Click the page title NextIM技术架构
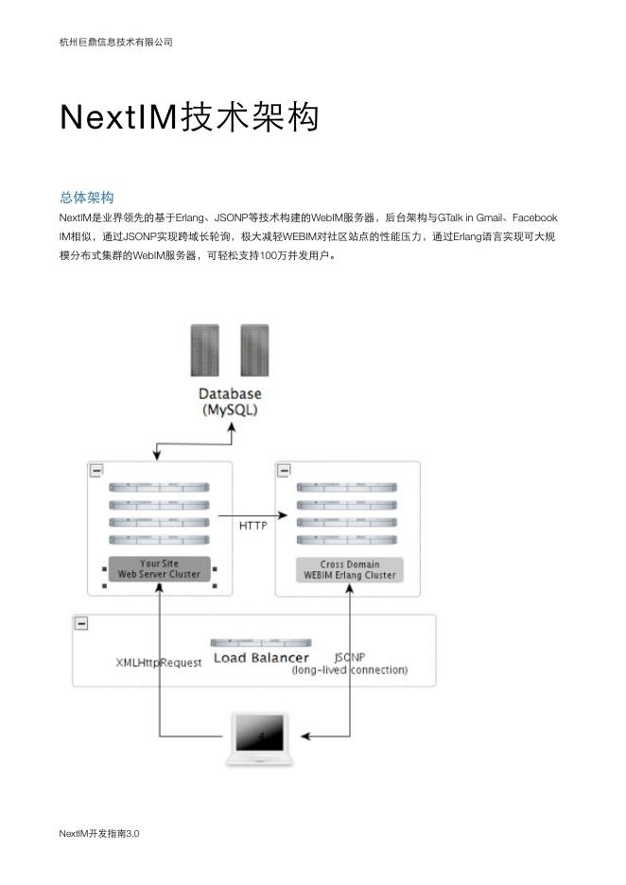(x=189, y=117)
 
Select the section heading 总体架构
(x=86, y=197)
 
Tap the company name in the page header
(x=115, y=43)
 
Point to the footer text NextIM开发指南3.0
(x=98, y=833)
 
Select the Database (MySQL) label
(x=230, y=402)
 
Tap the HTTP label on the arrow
(x=252, y=526)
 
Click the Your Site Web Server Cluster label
(x=159, y=569)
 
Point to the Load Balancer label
(x=261, y=658)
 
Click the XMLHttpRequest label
(x=158, y=663)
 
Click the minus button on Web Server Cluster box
(x=96, y=470)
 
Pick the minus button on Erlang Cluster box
(x=284, y=470)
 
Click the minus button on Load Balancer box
(x=81, y=623)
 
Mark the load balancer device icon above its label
(x=260, y=643)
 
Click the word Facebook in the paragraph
(x=534, y=217)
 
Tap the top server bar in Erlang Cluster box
(x=347, y=488)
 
